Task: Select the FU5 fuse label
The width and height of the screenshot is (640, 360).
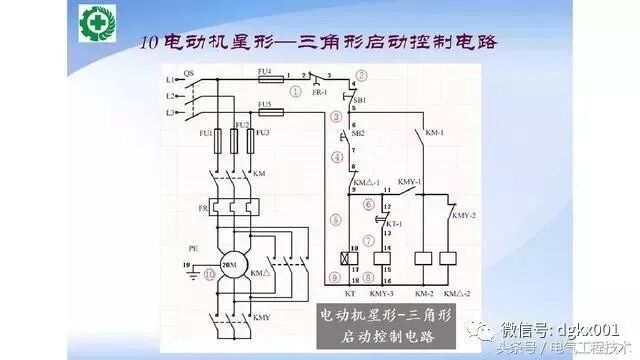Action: point(264,104)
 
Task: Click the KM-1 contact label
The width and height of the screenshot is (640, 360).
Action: point(435,132)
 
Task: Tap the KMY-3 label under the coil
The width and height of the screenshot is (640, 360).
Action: point(382,295)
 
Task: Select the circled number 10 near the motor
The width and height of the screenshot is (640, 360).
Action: point(209,272)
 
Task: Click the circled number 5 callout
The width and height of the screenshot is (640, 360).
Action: point(336,219)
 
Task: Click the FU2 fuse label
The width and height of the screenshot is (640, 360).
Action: point(241,125)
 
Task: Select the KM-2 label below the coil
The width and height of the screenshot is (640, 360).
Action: point(423,295)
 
